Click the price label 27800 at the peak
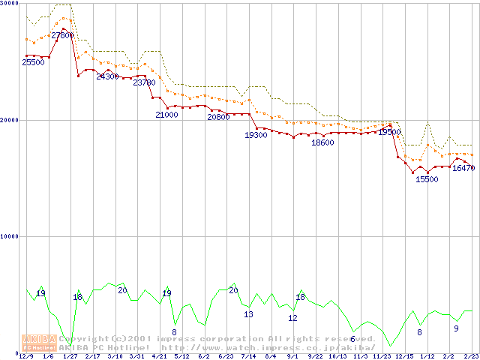(x=62, y=35)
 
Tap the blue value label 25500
(x=33, y=63)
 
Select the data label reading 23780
(x=144, y=82)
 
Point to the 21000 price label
(x=166, y=115)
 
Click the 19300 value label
(x=256, y=135)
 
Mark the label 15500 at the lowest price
(x=427, y=179)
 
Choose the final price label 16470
(x=463, y=169)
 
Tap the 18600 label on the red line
(x=322, y=142)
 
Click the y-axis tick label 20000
(x=10, y=120)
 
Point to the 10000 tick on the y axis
(x=10, y=236)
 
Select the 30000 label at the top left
(x=10, y=4)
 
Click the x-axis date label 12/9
(x=25, y=356)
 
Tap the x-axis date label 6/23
(x=225, y=356)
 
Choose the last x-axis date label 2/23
(x=470, y=356)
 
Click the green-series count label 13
(x=248, y=314)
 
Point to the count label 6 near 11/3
(x=352, y=339)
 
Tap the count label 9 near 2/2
(x=456, y=328)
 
